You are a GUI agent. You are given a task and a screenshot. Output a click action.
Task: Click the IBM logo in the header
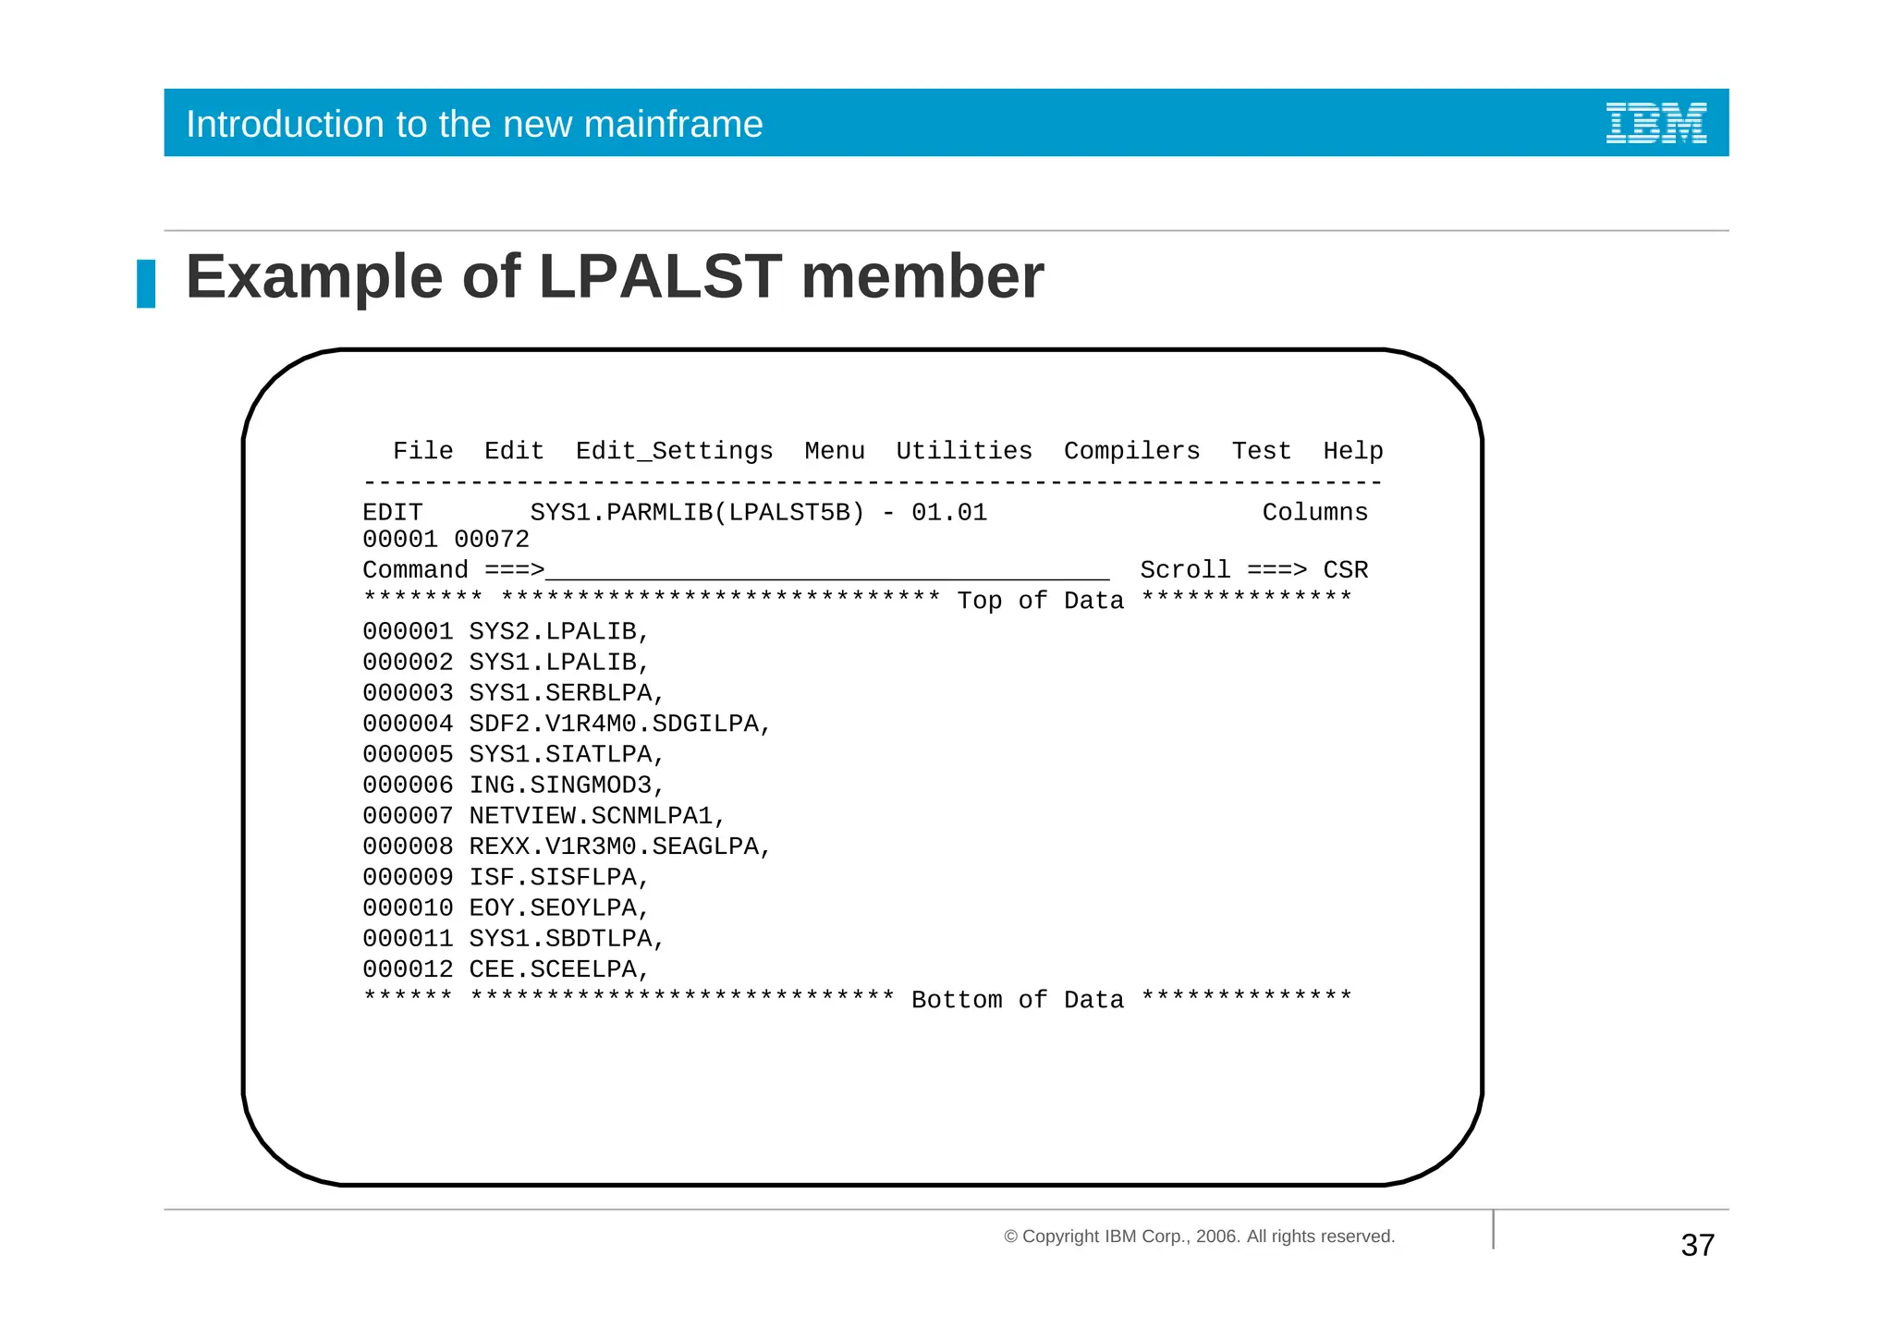[x=1655, y=123]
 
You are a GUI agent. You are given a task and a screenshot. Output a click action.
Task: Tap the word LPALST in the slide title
[x=660, y=277]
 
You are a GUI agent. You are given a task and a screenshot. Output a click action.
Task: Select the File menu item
[x=422, y=451]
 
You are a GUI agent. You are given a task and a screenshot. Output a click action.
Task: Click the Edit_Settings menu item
[x=674, y=451]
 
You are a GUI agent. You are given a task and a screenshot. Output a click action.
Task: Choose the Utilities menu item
[x=963, y=451]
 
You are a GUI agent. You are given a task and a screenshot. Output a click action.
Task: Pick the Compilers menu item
[x=1131, y=451]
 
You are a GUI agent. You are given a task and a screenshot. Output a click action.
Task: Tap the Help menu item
[x=1352, y=451]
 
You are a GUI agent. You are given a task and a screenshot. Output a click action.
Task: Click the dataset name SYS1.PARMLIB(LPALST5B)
[x=697, y=513]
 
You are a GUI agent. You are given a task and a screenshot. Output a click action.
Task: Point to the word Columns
[x=1314, y=513]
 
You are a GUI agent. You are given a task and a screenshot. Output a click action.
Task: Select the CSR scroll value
[x=1345, y=570]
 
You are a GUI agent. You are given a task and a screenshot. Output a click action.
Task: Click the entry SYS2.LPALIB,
[x=559, y=632]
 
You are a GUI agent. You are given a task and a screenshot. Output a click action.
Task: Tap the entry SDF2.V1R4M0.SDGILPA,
[x=619, y=724]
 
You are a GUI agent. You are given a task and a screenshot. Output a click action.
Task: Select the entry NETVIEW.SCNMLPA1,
[x=597, y=816]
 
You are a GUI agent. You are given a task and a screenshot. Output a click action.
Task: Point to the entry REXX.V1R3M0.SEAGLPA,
[x=619, y=847]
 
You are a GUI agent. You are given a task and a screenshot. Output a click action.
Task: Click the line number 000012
[x=408, y=969]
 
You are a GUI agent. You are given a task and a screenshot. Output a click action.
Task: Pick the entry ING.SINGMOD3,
[x=567, y=786]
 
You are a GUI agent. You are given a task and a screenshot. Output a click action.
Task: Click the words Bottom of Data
[x=1018, y=1000]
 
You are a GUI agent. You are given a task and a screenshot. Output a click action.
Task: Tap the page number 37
[x=1697, y=1246]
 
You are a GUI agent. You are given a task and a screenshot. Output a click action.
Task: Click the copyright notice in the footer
[x=1199, y=1236]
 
